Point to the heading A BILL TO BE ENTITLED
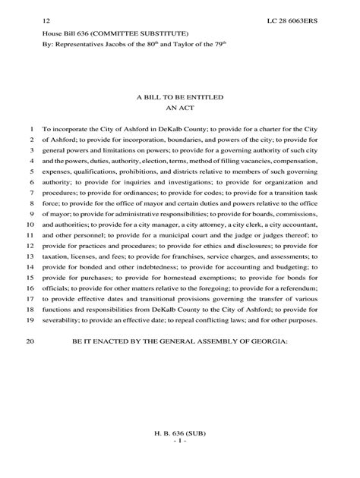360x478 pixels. (180, 99)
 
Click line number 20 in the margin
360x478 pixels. (31, 342)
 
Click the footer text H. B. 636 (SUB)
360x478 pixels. (180, 433)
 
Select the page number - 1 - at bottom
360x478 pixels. (180, 442)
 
